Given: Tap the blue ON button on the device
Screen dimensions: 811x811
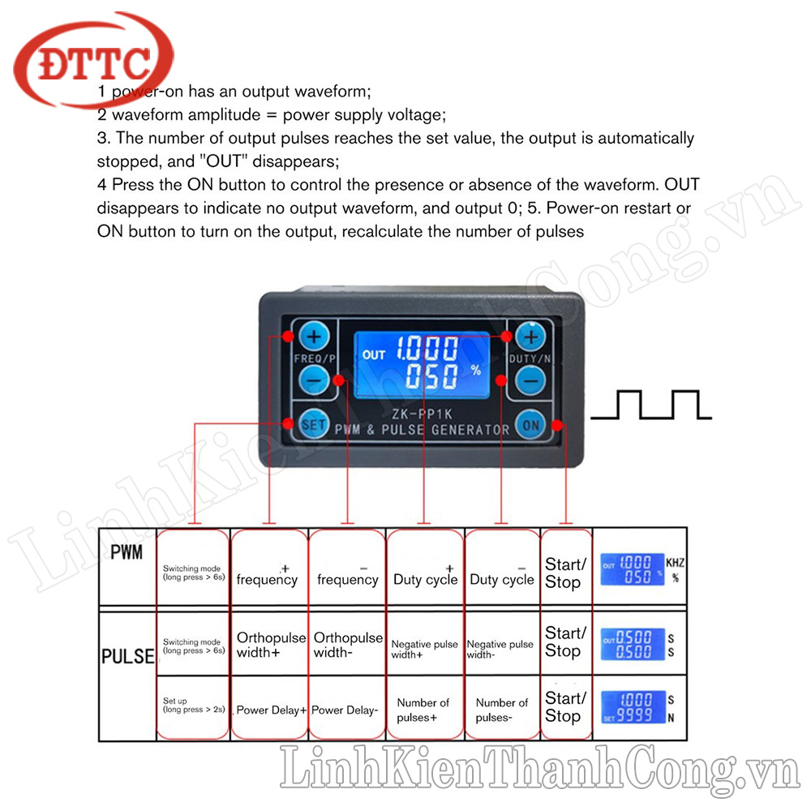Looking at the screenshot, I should pos(531,423).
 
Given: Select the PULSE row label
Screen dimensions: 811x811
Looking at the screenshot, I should pos(127,656).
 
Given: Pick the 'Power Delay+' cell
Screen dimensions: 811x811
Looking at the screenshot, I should pos(271,710).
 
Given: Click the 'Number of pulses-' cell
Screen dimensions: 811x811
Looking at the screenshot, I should pos(501,710).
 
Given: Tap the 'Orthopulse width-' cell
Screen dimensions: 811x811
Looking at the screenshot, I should pos(348,646).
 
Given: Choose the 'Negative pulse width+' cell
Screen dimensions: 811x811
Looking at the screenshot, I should pos(424,649).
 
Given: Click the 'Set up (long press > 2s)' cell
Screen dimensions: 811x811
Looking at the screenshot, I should pos(192,706).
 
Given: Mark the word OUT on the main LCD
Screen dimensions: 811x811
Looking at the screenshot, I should pos(374,354).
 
